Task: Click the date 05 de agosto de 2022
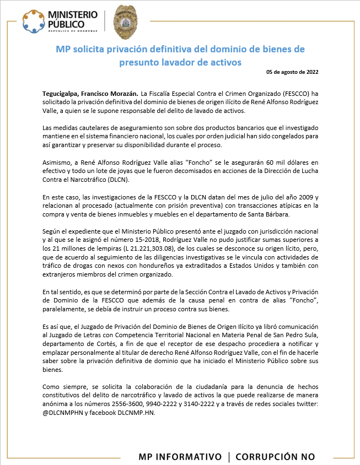(x=292, y=72)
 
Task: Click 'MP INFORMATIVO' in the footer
(x=180, y=457)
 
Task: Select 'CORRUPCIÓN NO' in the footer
(x=275, y=457)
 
